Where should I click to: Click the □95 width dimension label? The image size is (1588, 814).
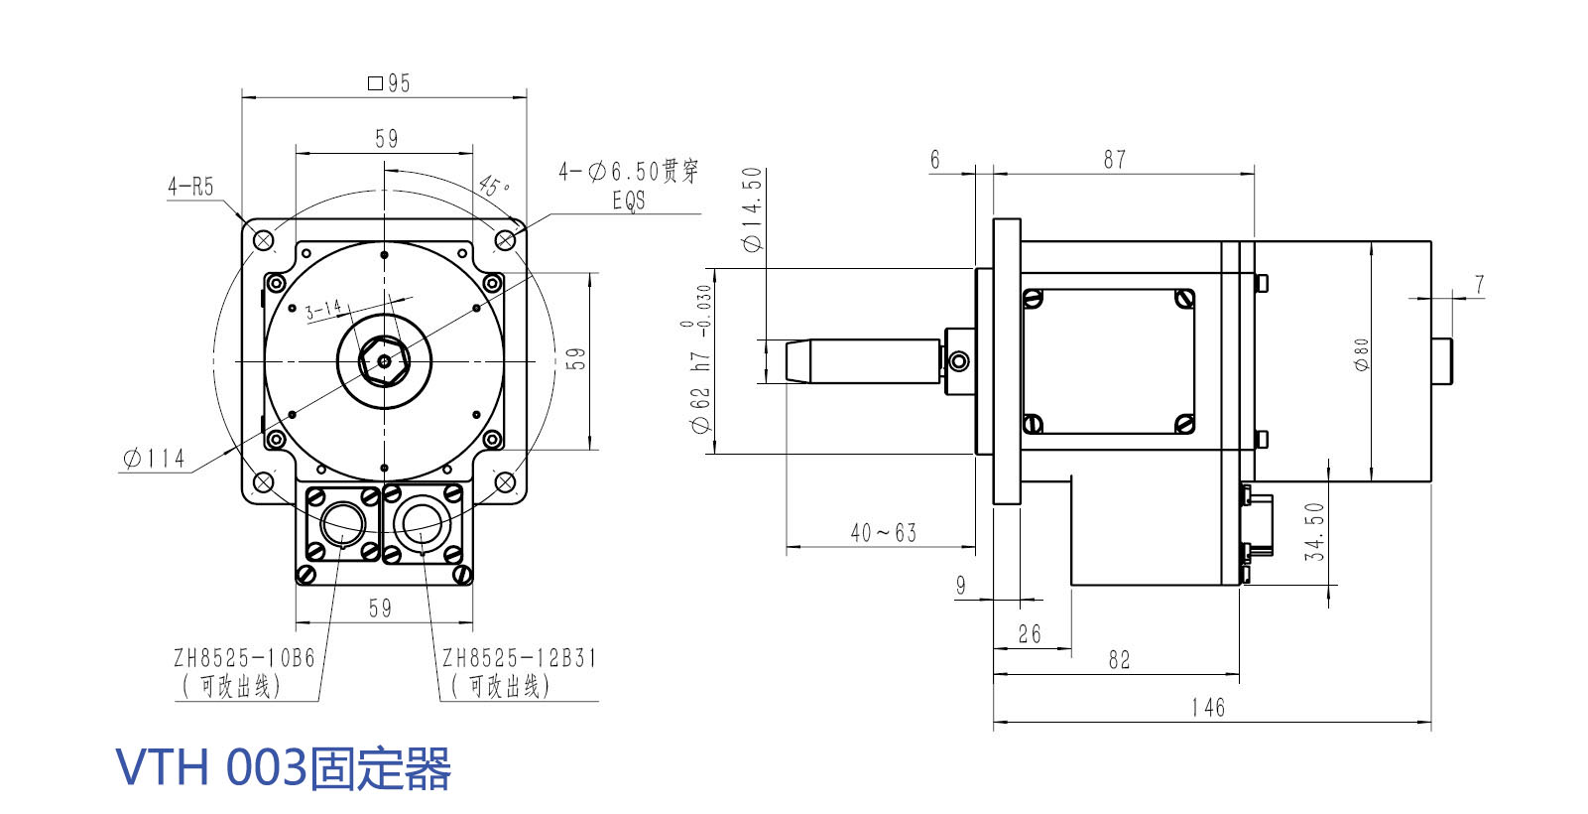389,83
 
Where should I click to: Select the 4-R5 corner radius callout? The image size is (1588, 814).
190,187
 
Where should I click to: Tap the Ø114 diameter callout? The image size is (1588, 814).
154,459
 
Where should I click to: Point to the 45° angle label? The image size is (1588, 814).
493,186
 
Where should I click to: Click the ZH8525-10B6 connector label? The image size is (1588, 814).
244,658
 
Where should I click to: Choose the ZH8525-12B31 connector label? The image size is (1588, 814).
519,658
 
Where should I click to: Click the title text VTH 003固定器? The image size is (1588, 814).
284,767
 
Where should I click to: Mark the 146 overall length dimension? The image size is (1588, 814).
1208,708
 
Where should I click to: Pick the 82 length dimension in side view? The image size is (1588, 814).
1119,660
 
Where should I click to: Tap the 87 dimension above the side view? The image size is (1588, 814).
1115,160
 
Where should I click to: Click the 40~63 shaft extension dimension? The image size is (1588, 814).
883,533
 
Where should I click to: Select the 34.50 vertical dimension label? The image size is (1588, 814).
1314,531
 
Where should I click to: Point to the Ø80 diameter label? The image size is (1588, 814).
1362,354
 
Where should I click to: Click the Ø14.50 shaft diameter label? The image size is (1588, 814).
753,209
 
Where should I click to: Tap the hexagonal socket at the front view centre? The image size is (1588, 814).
384,358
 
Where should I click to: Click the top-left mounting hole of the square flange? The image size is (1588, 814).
264,239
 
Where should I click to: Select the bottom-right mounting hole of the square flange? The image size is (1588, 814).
505,482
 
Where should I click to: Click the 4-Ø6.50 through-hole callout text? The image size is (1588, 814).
629,173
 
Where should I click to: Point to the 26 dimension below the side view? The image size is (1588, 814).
1030,634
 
